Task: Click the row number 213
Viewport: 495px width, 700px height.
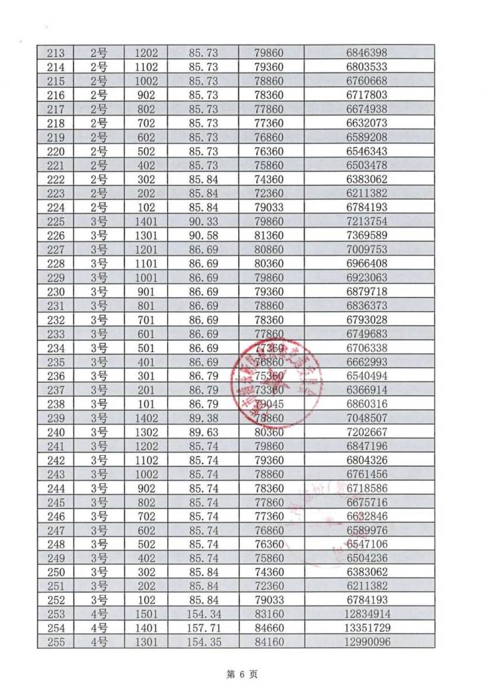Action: [56, 53]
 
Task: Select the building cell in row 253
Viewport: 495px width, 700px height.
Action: [99, 615]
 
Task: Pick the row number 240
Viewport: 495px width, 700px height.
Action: [56, 432]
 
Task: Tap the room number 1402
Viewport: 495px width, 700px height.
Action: [146, 418]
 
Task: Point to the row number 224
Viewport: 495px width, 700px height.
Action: [56, 207]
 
